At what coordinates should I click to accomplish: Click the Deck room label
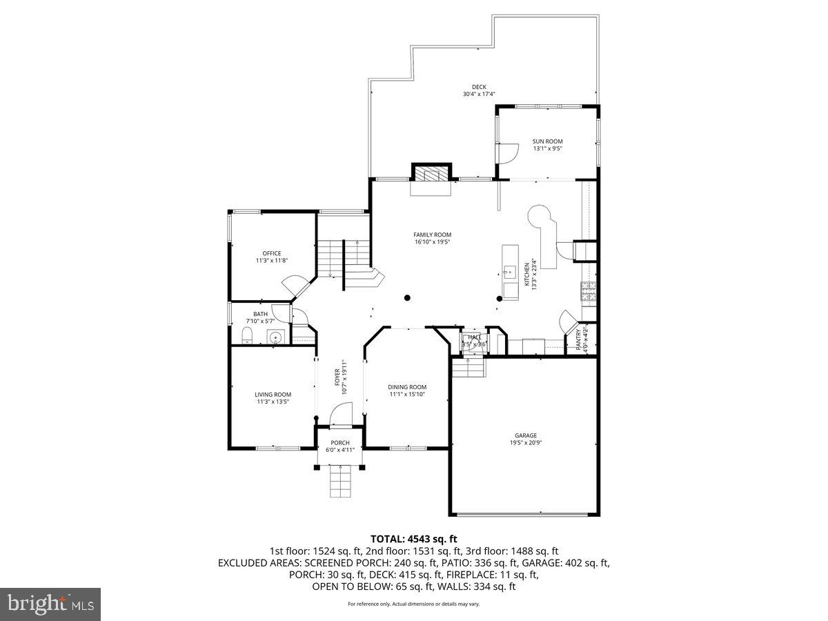coord(479,87)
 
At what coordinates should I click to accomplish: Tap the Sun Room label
coord(547,141)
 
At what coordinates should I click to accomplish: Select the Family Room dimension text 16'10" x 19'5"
coord(433,242)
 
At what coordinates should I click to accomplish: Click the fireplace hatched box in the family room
coord(431,172)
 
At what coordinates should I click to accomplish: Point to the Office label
coord(271,253)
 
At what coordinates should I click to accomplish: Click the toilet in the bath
coord(247,336)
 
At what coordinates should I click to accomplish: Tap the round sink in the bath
coord(275,337)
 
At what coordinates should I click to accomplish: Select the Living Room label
coord(273,395)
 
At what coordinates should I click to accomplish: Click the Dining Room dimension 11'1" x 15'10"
coord(407,395)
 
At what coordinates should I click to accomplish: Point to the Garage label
coord(525,435)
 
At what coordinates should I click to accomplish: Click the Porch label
coord(339,443)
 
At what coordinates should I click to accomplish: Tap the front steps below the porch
coord(339,480)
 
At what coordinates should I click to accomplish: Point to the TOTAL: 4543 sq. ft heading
coord(413,538)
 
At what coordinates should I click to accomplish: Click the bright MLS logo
coord(50,604)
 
